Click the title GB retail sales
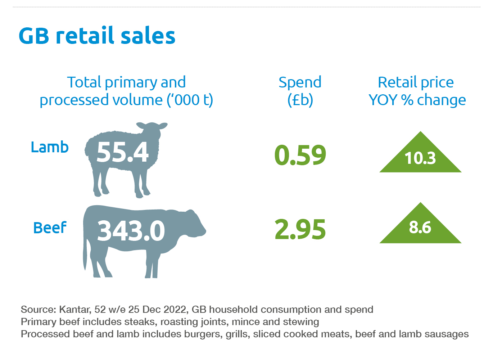tap(97, 36)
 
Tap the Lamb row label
tap(50, 147)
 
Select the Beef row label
tap(50, 228)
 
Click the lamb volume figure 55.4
tap(122, 152)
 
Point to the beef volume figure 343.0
tap(131, 231)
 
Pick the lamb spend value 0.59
tap(300, 156)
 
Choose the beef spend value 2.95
tap(300, 230)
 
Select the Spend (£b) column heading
tap(300, 91)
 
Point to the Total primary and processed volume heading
tap(126, 91)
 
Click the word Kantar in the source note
tap(75, 310)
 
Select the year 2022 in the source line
tap(175, 310)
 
